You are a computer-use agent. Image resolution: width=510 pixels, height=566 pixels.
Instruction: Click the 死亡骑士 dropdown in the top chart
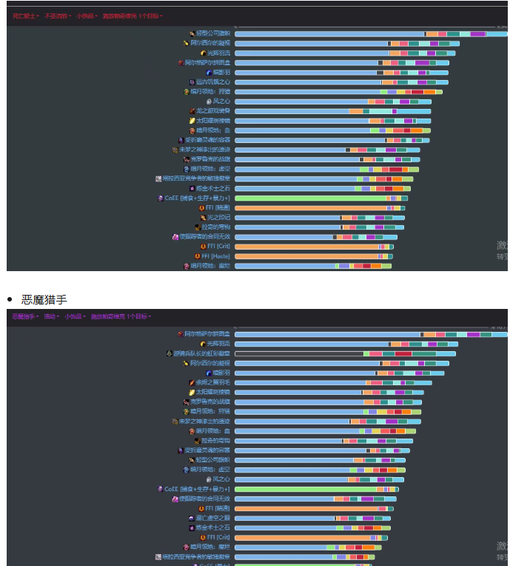click(x=24, y=16)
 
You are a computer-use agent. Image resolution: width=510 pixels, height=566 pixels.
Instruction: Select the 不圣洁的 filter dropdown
click(x=56, y=16)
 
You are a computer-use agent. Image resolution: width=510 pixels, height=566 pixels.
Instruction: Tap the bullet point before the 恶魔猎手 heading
click(x=10, y=299)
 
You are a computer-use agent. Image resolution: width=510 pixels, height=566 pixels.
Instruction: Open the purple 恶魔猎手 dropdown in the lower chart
click(x=24, y=316)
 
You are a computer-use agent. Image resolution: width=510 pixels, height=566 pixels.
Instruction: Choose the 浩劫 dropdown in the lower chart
click(x=51, y=316)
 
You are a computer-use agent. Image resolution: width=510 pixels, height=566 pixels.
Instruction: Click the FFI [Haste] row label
click(x=215, y=256)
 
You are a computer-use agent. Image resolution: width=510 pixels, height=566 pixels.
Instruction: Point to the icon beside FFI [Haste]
click(x=198, y=256)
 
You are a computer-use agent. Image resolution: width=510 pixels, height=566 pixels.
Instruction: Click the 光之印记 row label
click(x=218, y=217)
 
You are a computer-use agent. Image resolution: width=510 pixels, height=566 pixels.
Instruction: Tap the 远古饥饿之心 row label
click(x=213, y=81)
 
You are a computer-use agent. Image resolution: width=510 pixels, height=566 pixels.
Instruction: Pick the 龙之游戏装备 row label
click(x=213, y=110)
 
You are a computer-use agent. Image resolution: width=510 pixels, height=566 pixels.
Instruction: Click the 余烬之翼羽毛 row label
click(x=213, y=382)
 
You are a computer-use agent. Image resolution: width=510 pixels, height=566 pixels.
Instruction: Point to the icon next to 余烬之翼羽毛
click(x=192, y=382)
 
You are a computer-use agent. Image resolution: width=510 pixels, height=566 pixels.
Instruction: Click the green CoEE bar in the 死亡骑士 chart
click(x=311, y=198)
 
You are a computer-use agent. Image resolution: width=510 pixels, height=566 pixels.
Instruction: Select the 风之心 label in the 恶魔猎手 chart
click(x=221, y=479)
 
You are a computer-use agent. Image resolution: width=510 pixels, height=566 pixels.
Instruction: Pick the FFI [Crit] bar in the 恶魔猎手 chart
click(x=303, y=537)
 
